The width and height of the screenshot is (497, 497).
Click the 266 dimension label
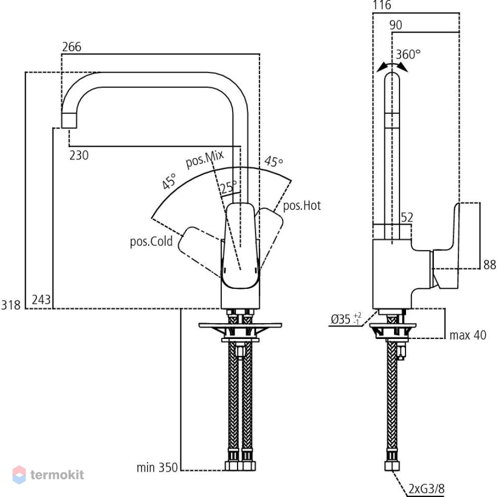pos(72,47)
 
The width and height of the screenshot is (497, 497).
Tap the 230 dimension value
pos(79,155)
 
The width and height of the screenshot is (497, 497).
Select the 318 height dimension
pos(11,305)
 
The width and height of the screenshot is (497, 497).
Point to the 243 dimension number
pos(41,300)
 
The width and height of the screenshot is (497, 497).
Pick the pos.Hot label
pos(302,206)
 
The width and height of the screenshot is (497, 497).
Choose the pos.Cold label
pos(151,242)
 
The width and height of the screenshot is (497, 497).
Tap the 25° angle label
pos(229,187)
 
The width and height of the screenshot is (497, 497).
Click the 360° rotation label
pos(408,55)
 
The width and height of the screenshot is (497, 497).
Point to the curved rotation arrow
pos(393,65)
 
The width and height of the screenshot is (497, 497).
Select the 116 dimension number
pos(382,5)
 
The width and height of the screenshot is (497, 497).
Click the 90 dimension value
pos(396,25)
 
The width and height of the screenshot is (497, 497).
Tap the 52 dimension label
pos(407,218)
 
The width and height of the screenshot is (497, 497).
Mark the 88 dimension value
pos(490,265)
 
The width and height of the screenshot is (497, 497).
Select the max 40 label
pos(468,335)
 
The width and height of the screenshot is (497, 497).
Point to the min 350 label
pos(157,468)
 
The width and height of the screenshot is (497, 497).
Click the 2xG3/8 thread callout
pos(426,489)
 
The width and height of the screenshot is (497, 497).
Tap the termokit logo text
pos(57,475)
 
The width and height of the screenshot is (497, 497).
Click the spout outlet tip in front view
pos(69,128)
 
